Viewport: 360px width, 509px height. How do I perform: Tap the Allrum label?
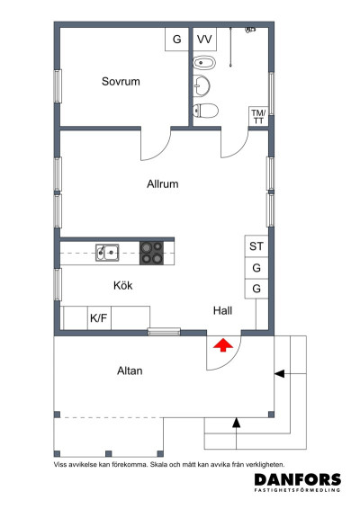163,183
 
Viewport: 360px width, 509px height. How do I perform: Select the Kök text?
122,285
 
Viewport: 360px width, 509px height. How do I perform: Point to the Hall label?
223,310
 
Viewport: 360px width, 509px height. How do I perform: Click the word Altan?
130,370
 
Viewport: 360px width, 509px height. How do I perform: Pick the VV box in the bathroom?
205,39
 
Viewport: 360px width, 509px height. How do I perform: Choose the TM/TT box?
258,117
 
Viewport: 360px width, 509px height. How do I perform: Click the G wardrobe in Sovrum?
176,39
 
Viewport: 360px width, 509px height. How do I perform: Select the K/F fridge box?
97,318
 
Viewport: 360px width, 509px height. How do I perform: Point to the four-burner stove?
151,253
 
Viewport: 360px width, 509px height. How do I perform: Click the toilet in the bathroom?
206,112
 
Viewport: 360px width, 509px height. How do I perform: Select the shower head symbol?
246,31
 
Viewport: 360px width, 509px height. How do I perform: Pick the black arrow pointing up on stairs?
237,421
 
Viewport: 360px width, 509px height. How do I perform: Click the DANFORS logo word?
297,480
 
